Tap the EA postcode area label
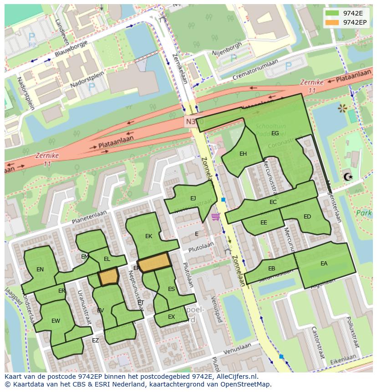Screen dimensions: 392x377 (x=324, y=263)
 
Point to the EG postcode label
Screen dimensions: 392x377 (x=275, y=133)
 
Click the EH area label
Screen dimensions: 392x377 (x=243, y=154)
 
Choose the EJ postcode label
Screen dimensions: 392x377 (x=193, y=198)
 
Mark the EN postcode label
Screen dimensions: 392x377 (x=40, y=270)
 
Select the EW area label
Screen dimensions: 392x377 (x=56, y=321)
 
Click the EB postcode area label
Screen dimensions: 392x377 (x=271, y=269)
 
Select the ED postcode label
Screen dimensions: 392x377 (x=307, y=217)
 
